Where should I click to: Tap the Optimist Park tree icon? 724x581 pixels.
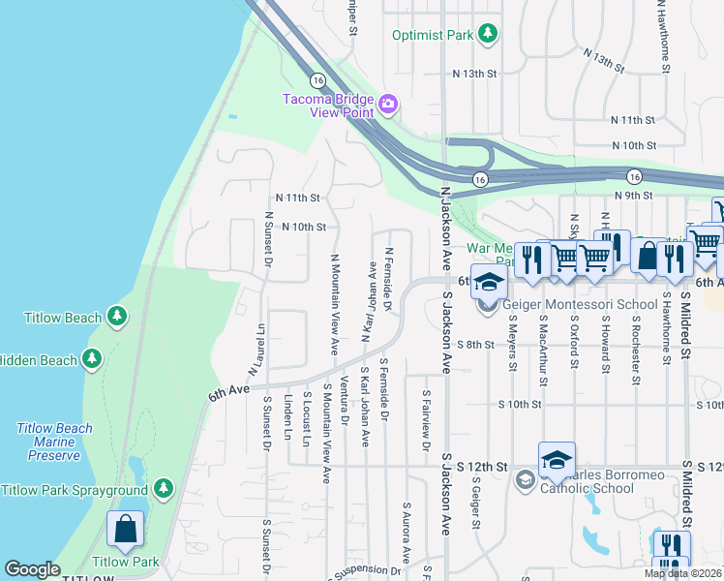click(x=489, y=35)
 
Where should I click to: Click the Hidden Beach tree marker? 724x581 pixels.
click(x=92, y=359)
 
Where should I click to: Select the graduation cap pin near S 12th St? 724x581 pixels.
click(x=557, y=460)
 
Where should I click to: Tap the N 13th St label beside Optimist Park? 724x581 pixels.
click(x=474, y=73)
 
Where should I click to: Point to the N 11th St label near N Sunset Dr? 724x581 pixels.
click(x=296, y=198)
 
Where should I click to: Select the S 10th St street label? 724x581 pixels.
click(x=519, y=404)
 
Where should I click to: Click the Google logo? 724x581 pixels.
click(x=32, y=569)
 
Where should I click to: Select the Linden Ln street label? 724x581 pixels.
click(x=287, y=415)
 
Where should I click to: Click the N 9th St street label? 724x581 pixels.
click(x=634, y=196)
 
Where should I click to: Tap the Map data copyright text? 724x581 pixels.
click(x=682, y=573)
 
